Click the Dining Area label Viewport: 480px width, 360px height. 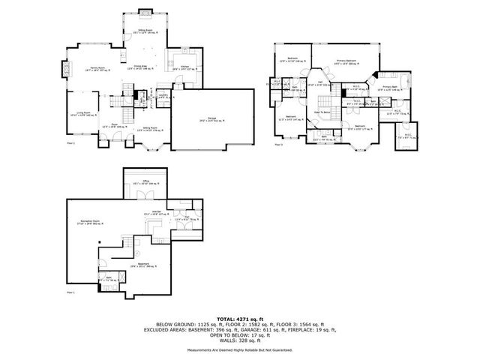pyautogui.click(x=142, y=67)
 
